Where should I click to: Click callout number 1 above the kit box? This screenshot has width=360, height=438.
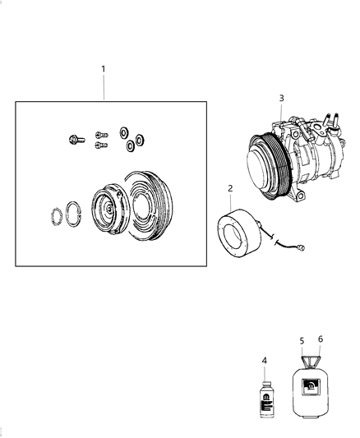[104, 68]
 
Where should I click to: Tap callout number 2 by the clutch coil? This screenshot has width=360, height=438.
[230, 189]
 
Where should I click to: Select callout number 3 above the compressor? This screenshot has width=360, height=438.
[281, 99]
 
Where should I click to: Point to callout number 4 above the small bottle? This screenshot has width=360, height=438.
[265, 360]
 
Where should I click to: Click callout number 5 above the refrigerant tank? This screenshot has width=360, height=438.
[302, 340]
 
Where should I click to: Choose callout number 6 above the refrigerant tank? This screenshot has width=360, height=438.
[320, 339]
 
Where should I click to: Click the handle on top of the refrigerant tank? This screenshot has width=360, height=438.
[311, 362]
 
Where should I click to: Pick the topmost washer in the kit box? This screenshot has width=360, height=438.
[123, 131]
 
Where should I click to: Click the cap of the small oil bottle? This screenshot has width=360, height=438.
[265, 382]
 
